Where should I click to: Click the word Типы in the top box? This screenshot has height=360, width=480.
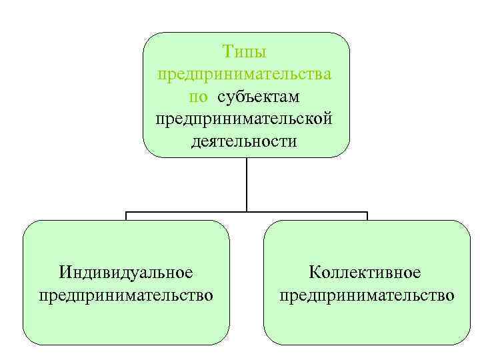click(246, 51)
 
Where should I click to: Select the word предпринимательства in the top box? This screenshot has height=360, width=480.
click(246, 74)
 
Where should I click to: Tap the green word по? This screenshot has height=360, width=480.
click(198, 97)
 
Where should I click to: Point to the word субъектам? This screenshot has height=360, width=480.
click(258, 97)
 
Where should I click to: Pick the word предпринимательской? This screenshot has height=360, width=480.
click(246, 119)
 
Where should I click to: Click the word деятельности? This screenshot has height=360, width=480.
click(246, 142)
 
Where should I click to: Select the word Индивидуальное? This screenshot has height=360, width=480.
click(126, 272)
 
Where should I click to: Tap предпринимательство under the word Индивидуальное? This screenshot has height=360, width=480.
click(126, 294)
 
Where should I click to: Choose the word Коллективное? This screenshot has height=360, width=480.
click(365, 272)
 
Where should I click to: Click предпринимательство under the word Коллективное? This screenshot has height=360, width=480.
click(367, 294)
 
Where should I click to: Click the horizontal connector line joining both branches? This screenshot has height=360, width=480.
click(187, 213)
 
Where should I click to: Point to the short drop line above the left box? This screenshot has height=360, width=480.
click(127, 216)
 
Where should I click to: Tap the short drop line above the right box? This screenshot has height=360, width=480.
click(367, 216)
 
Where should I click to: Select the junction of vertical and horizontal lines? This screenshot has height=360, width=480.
click(247, 213)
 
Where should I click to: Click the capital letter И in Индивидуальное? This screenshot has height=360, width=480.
click(65, 272)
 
